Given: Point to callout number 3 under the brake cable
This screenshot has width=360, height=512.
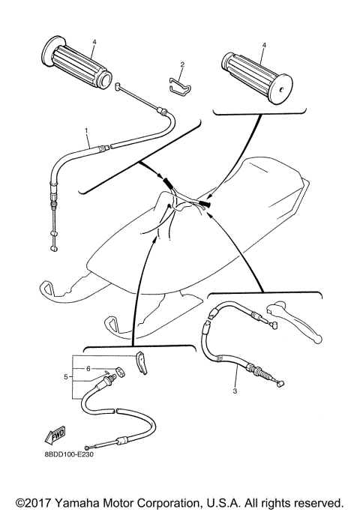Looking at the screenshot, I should (234, 391).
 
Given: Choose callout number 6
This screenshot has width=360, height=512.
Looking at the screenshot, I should (88, 368).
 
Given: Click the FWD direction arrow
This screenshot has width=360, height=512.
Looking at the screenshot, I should (55, 436).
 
